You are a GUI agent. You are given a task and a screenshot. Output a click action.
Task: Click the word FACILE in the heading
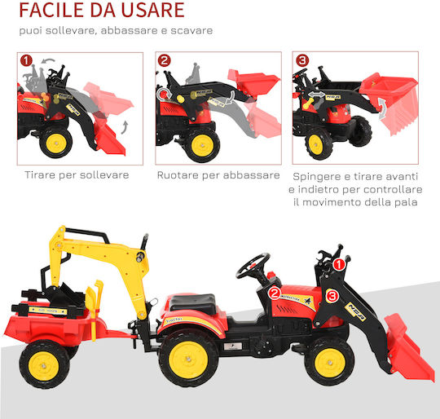pyautogui.click(x=51, y=11)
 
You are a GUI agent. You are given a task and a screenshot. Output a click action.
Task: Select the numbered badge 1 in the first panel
pyautogui.click(x=26, y=60)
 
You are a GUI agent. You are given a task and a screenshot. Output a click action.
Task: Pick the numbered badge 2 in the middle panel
pyautogui.click(x=164, y=60)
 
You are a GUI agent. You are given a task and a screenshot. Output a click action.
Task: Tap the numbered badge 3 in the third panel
pyautogui.click(x=302, y=60)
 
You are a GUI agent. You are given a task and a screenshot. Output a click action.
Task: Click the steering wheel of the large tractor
pyautogui.click(x=253, y=265)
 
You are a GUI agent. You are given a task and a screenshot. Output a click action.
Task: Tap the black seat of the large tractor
pyautogui.click(x=193, y=303)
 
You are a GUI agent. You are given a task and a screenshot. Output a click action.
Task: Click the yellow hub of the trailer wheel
pyautogui.click(x=44, y=366)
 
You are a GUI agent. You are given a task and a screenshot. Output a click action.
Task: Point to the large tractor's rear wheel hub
pyautogui.click(x=188, y=359)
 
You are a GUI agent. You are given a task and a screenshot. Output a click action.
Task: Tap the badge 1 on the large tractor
pyautogui.click(x=339, y=265)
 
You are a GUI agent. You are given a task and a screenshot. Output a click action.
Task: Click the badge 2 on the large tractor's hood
pyautogui.click(x=275, y=293)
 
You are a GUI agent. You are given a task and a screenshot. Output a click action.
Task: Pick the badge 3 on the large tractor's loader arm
pyautogui.click(x=332, y=297)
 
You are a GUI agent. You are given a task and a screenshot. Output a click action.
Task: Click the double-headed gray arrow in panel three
pyautogui.click(x=316, y=95)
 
